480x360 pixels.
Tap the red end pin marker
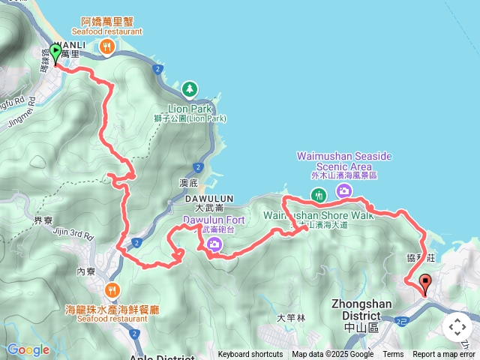[x=427, y=284]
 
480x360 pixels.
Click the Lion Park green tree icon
[x=190, y=89]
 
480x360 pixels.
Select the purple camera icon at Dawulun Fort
[x=214, y=244]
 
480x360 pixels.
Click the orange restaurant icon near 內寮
[x=113, y=289]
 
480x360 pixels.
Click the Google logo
[x=28, y=349]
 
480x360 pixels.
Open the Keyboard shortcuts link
[x=250, y=355]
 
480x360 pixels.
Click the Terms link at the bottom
[x=393, y=355]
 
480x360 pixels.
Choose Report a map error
[x=444, y=355]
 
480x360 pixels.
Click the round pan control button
[x=457, y=327]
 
